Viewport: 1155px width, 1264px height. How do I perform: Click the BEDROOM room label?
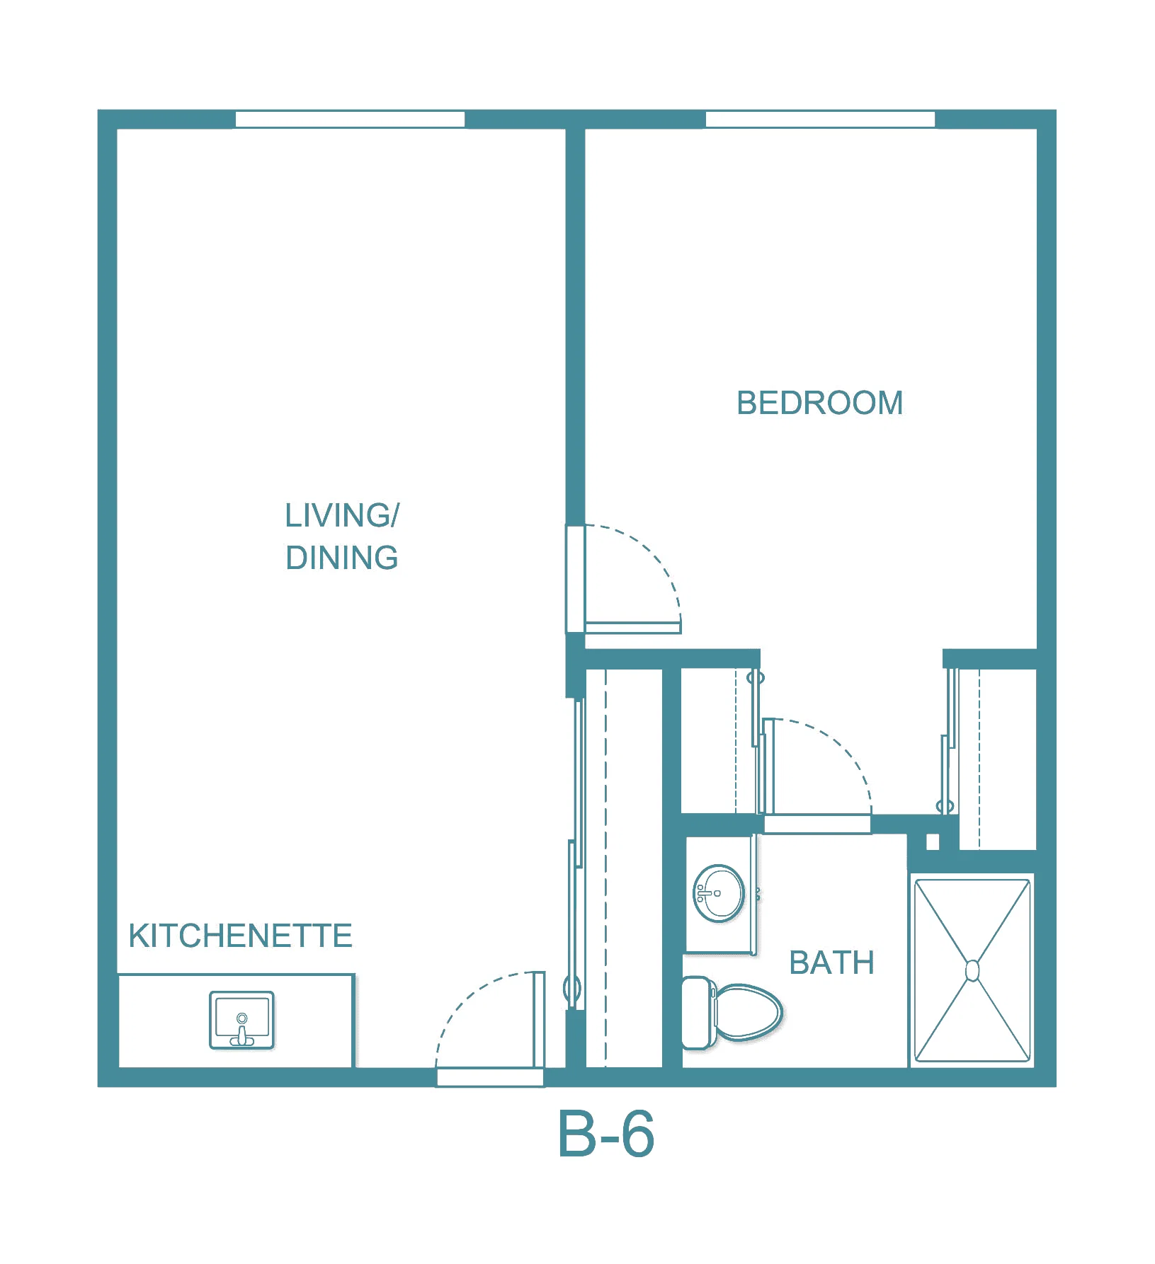(x=819, y=403)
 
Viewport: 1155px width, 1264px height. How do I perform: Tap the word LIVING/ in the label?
(x=342, y=516)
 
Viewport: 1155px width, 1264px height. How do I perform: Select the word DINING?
(x=342, y=558)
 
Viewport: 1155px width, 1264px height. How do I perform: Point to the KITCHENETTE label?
(x=240, y=936)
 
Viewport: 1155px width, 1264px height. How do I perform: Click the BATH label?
(x=831, y=963)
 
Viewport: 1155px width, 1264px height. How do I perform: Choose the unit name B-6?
(x=606, y=1134)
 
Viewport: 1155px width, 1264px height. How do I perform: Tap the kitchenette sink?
(x=241, y=1020)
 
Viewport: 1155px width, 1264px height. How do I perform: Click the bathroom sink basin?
(x=718, y=893)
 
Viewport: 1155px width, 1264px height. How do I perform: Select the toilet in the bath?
(x=732, y=1013)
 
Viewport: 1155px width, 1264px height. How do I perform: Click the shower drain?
(x=972, y=970)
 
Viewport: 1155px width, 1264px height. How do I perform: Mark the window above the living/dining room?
(x=350, y=120)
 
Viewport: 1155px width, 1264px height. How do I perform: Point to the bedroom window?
(x=820, y=120)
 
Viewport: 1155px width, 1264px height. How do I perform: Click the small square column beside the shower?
(x=933, y=841)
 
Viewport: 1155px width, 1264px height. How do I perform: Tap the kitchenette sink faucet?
(x=241, y=1030)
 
